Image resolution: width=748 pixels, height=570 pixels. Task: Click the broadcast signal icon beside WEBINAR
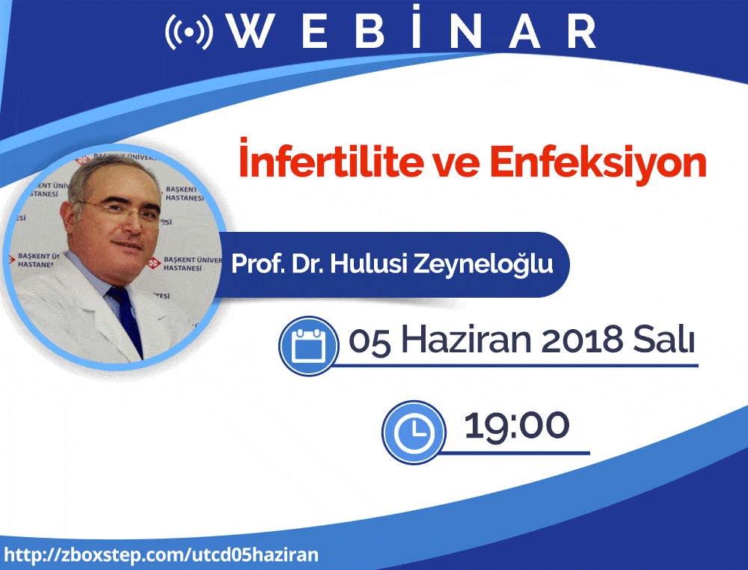[189, 32]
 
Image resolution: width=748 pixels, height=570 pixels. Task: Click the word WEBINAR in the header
[411, 28]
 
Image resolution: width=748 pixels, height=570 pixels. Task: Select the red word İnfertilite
[331, 159]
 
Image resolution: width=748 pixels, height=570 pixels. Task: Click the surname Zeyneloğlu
[483, 265]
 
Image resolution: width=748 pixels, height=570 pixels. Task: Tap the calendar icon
[309, 346]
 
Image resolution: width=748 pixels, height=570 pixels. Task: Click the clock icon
[414, 432]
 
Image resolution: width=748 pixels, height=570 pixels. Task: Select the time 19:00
[517, 425]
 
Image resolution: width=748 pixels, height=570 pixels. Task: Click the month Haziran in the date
[466, 340]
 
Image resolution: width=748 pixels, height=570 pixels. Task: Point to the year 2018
[582, 340]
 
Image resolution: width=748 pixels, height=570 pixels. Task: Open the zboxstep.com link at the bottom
[162, 555]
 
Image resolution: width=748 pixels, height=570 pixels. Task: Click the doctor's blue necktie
[126, 319]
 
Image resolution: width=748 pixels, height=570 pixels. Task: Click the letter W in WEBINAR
[250, 31]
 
